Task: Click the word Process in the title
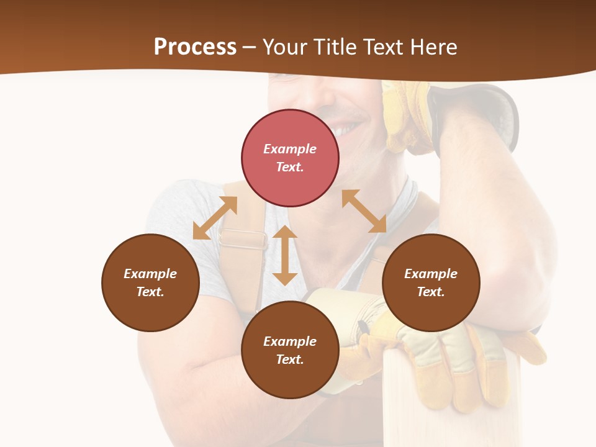click(x=195, y=47)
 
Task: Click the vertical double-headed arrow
click(x=285, y=255)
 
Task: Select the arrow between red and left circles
click(x=215, y=218)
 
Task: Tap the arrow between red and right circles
click(x=364, y=211)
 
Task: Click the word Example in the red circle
click(x=290, y=149)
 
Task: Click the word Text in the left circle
click(x=150, y=292)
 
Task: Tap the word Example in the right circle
click(x=431, y=274)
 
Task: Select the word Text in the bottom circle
click(x=290, y=359)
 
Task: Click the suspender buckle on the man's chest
click(x=242, y=239)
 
